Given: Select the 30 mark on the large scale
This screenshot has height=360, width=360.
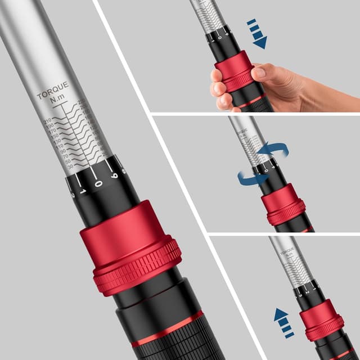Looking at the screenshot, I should coord(70,167).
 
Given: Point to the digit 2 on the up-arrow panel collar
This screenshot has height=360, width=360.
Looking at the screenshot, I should coord(304,291).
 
